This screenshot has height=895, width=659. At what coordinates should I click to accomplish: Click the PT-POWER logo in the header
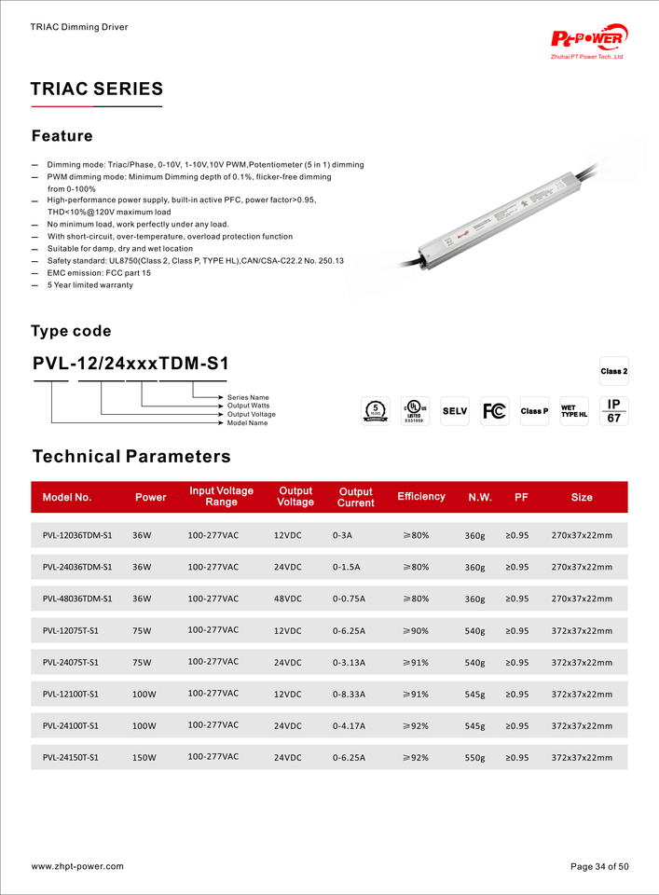589,38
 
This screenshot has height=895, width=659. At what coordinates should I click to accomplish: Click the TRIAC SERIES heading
97,89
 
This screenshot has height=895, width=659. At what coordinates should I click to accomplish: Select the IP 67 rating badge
613,411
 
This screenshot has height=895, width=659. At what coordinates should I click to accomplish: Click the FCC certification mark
494,411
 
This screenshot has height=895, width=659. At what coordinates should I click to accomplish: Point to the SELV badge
455,411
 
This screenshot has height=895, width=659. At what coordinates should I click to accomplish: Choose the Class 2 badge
613,371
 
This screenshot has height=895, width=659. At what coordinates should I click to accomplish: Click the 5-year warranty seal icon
375,411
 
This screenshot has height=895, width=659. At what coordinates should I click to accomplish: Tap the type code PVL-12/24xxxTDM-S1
130,364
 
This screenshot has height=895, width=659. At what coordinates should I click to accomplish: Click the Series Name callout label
248,398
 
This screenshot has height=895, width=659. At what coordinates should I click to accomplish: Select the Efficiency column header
421,496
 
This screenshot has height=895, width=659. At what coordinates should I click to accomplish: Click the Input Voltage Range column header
221,497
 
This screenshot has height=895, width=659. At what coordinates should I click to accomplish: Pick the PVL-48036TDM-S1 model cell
77,599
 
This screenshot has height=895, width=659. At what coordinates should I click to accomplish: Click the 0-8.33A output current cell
350,694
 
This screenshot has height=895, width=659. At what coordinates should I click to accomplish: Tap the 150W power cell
144,757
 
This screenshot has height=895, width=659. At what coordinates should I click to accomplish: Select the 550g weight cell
474,758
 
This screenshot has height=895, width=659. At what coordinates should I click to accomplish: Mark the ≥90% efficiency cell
416,630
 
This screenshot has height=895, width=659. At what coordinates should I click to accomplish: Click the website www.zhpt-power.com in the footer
77,866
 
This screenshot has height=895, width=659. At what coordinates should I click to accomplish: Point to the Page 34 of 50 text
599,866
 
